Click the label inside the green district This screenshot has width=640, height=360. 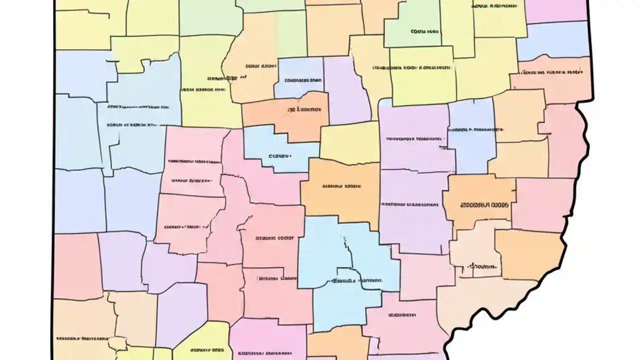[x=425, y=31]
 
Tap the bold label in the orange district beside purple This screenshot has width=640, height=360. [x=484, y=205]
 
